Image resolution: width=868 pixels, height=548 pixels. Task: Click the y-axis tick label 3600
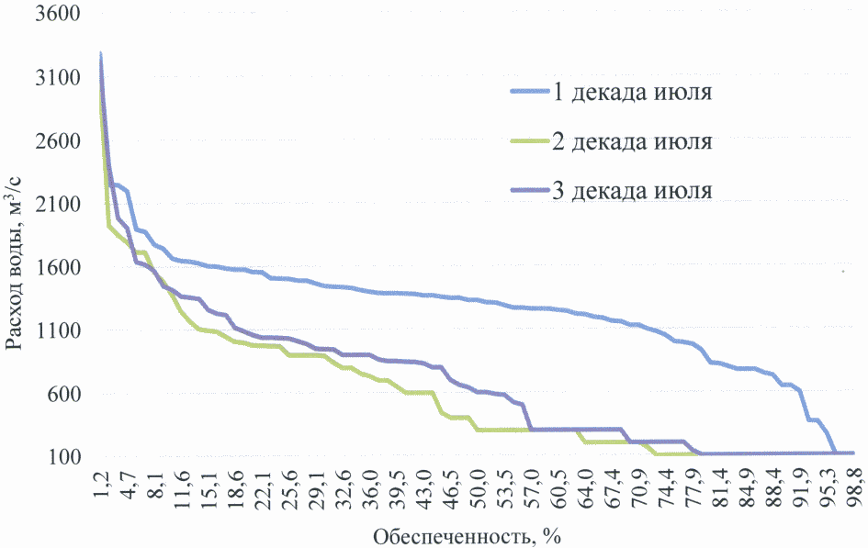[56, 15]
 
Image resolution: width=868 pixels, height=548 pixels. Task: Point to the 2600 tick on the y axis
[56, 141]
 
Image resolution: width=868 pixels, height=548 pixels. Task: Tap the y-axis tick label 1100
[56, 330]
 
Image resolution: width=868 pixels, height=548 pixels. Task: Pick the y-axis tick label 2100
[56, 204]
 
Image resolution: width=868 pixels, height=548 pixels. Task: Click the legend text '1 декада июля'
[632, 92]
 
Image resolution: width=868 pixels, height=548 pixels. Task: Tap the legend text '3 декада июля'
[632, 191]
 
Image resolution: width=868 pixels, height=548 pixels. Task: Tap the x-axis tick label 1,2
[100, 485]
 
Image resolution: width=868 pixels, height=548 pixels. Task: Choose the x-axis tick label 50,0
[478, 485]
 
